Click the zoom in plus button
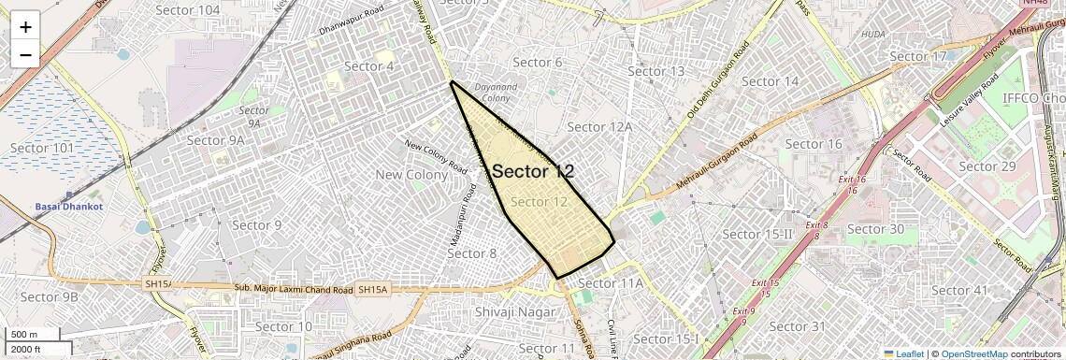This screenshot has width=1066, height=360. (x=25, y=26)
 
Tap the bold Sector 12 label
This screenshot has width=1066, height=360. (x=533, y=171)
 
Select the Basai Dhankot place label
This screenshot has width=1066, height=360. (x=67, y=206)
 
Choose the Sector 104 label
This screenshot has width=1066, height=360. (x=188, y=10)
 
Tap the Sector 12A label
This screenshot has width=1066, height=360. (x=600, y=127)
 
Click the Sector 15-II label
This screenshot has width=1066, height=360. (x=758, y=235)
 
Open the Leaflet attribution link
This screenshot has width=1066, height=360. (x=902, y=354)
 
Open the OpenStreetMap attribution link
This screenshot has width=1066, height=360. (x=973, y=354)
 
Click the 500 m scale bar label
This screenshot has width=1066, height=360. (x=24, y=335)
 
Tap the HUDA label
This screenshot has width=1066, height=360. (x=872, y=35)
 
